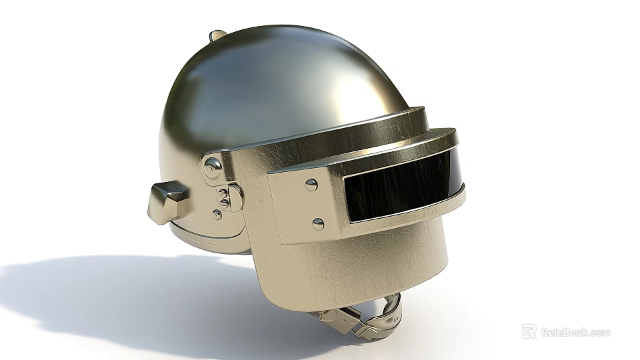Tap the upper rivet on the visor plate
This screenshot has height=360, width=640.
click(x=311, y=184)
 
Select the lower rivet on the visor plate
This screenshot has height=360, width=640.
click(x=318, y=224)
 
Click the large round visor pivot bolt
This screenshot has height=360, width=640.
click(x=213, y=167)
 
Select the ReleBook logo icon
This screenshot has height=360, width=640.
click(x=529, y=331)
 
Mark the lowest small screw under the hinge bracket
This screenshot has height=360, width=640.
click(x=217, y=215)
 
